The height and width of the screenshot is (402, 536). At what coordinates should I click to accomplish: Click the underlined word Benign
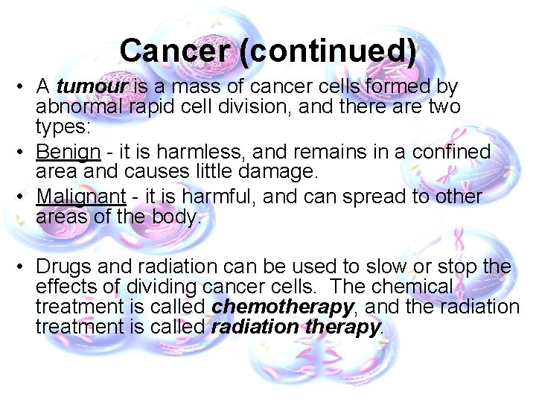click(x=68, y=152)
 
